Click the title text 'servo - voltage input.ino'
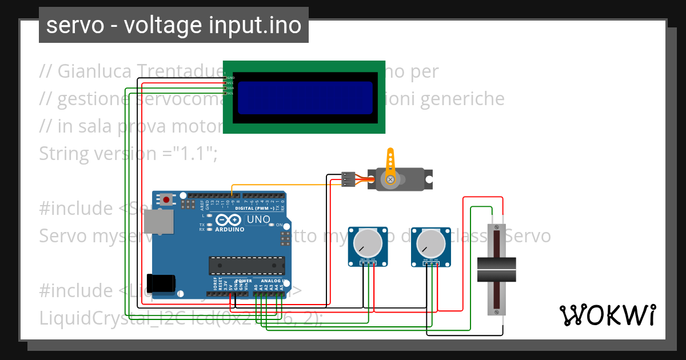tap(173, 25)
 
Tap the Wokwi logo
tap(607, 315)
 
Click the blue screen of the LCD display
tap(305, 98)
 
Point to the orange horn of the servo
tap(390, 167)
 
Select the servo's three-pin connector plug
tap(348, 179)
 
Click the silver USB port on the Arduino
tap(158, 221)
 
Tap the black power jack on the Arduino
tap(161, 284)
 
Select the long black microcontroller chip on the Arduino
tap(246, 266)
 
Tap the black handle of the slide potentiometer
tap(496, 270)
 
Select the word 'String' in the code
tap(63, 154)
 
